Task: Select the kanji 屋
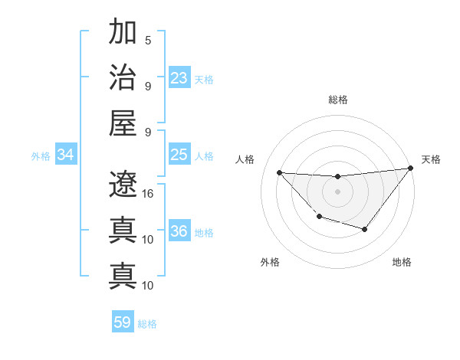point(123,122)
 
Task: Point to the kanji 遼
point(123,184)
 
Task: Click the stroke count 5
point(148,40)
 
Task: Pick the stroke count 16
point(148,193)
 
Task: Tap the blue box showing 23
point(179,78)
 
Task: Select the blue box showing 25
point(179,155)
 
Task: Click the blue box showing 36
point(179,232)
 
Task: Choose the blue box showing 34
point(66,155)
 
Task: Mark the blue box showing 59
point(123,322)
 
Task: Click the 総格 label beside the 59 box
point(147,324)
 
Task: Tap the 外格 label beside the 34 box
point(41,156)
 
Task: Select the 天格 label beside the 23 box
point(204,79)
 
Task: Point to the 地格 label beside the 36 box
point(204,233)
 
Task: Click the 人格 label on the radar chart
point(246,159)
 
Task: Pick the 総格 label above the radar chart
point(338,100)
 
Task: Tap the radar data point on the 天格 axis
point(410,169)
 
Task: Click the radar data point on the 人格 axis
point(280,172)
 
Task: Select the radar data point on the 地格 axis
point(365,229)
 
